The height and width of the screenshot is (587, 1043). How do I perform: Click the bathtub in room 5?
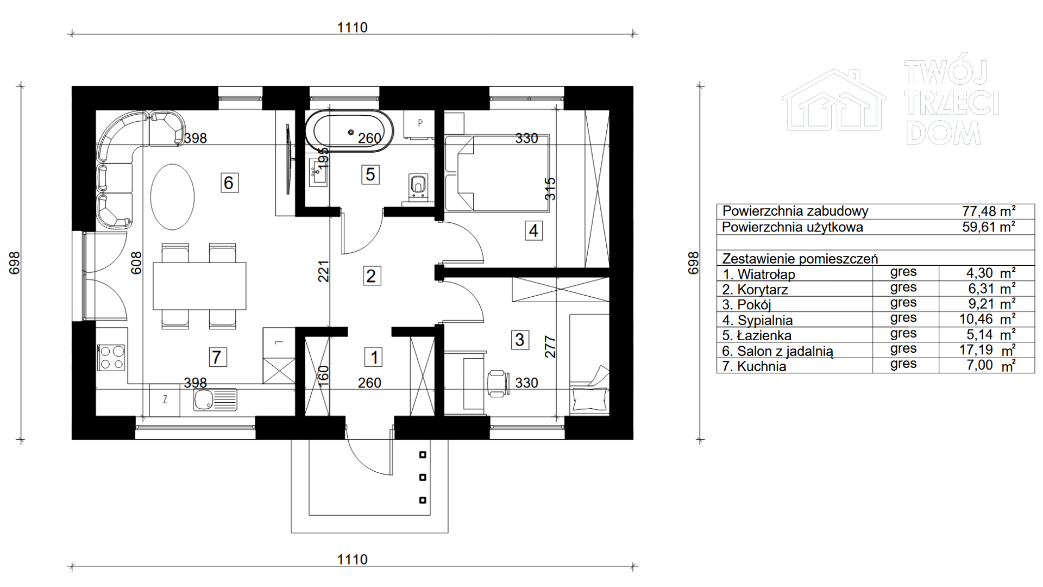(349, 132)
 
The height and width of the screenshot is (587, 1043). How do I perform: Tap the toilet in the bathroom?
(418, 185)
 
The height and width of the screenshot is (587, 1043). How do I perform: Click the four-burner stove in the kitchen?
(111, 358)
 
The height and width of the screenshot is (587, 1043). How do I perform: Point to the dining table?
(199, 286)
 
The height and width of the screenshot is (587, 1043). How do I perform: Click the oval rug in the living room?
(172, 197)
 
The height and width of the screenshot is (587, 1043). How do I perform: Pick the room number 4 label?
(533, 230)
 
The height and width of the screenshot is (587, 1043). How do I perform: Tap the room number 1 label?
(374, 357)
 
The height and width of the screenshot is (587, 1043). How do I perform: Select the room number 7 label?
(217, 357)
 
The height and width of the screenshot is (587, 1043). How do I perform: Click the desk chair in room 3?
(498, 383)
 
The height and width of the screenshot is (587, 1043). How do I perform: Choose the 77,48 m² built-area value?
(988, 211)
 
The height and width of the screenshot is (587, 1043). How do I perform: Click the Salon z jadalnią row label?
(777, 351)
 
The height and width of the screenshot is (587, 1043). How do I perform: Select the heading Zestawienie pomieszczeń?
(800, 259)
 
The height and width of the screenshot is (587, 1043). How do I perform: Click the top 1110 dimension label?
(352, 27)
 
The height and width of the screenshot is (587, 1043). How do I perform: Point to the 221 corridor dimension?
(323, 271)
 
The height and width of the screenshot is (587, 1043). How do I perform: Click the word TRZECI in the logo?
(952, 103)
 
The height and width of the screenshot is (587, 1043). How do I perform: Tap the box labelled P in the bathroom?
(419, 123)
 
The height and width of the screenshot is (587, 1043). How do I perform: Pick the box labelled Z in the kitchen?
(165, 400)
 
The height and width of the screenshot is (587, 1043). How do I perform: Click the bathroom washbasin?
(318, 172)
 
